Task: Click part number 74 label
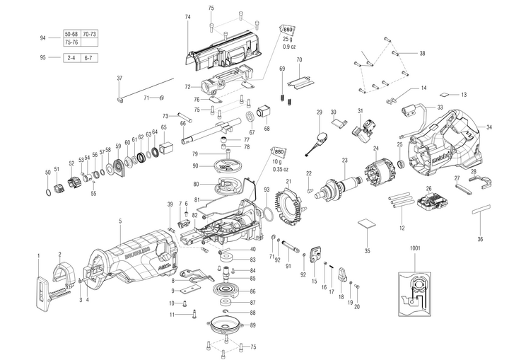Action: coord(187,16)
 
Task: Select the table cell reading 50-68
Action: coord(71,34)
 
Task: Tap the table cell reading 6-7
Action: coord(89,58)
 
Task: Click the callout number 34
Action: coord(488,127)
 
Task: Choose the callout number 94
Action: coord(43,37)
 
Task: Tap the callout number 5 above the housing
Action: coord(120,221)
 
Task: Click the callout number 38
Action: coord(422,54)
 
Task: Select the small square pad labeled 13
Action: coord(443,93)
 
